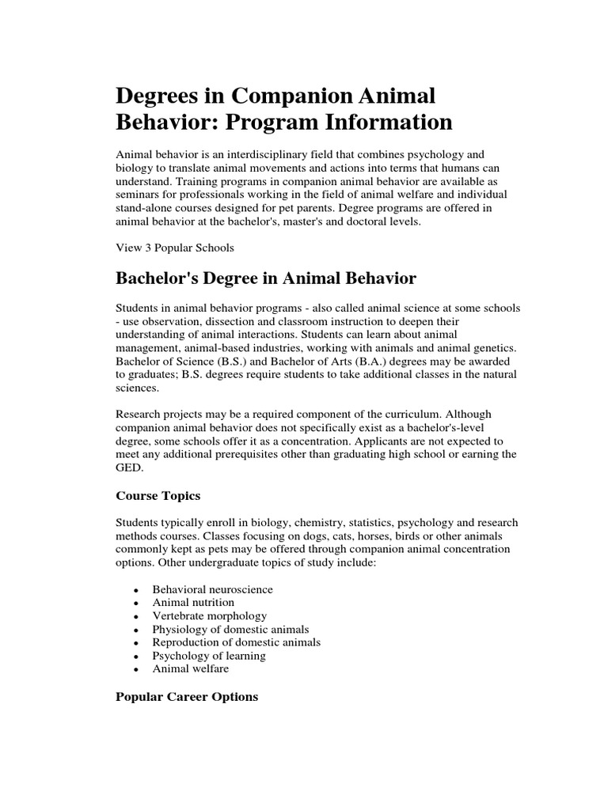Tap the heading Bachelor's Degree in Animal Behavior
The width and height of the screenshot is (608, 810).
266,278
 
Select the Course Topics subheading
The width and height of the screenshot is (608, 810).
158,496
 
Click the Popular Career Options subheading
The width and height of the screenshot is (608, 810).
187,697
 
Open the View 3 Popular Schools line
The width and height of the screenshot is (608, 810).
175,248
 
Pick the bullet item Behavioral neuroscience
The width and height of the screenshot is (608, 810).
213,589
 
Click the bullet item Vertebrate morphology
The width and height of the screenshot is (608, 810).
210,615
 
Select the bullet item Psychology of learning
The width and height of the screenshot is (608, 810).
210,656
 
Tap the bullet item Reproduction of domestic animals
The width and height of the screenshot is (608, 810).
237,642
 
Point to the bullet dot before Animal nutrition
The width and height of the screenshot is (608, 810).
137,604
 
